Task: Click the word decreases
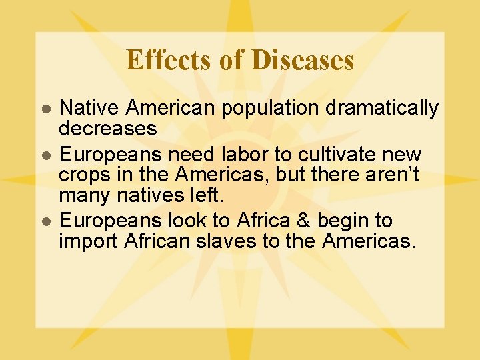click(107, 127)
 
